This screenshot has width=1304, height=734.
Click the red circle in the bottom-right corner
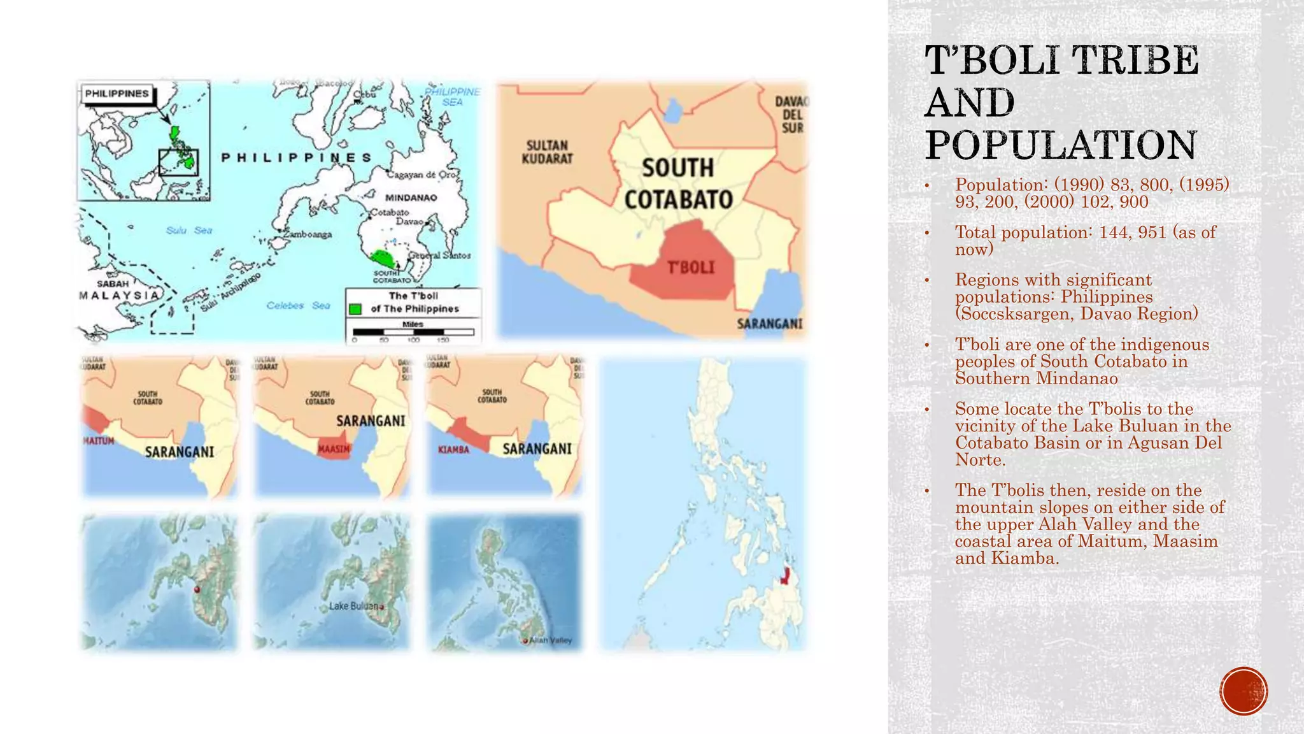pos(1244,691)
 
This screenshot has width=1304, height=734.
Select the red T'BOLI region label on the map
pos(691,268)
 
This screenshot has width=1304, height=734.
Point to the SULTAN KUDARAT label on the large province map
pos(547,152)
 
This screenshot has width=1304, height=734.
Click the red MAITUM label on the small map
pos(99,441)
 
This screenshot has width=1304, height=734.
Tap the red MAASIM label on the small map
pos(334,449)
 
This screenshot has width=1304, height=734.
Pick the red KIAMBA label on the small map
pos(453,450)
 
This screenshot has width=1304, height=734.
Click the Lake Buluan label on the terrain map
pos(354,606)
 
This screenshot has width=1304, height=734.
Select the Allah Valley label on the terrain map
pos(551,640)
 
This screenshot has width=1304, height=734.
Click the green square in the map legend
pos(355,309)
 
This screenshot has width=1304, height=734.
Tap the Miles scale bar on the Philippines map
pos(413,331)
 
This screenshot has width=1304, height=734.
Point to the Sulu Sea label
pos(189,230)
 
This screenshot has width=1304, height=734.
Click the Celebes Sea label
pos(298,306)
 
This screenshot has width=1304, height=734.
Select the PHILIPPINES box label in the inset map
pos(117,94)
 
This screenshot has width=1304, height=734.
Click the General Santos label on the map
pos(439,255)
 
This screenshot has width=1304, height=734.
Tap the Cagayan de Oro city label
pos(422,175)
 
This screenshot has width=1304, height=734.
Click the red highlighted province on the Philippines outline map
pos(786,575)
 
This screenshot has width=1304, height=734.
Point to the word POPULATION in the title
pos(1061,145)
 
